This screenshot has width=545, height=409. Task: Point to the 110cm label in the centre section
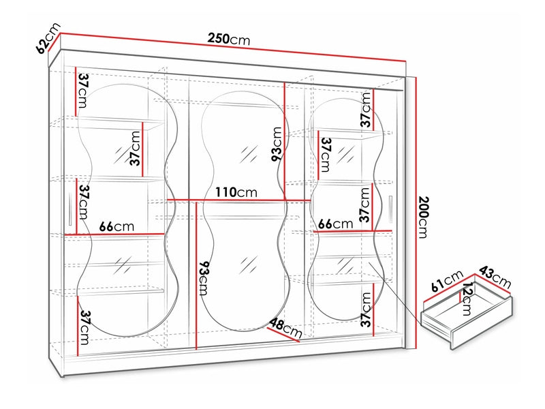[x=235, y=192]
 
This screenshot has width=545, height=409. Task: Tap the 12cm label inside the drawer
[x=466, y=299]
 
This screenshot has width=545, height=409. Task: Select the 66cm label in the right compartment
[x=334, y=224]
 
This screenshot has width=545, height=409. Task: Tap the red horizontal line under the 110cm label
[x=235, y=200]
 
